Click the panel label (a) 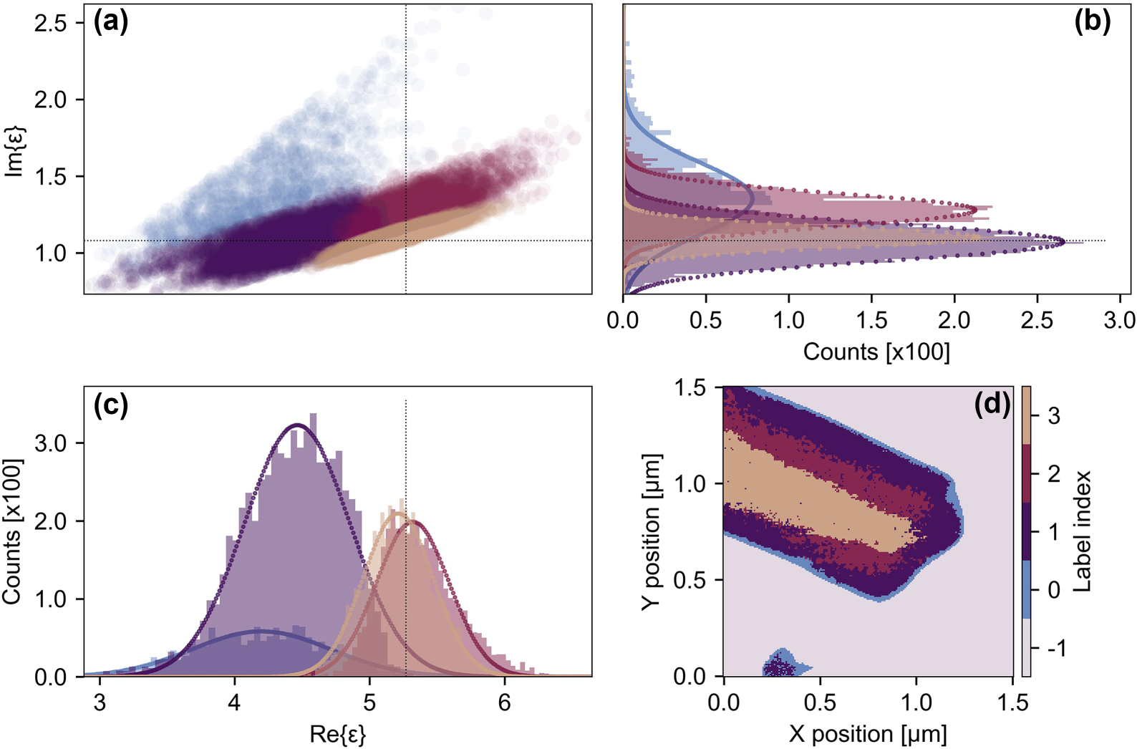click(111, 23)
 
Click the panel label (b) click(1092, 22)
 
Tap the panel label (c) click(111, 405)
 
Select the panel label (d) click(992, 405)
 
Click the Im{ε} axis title click(14, 150)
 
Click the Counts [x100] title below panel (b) click(876, 352)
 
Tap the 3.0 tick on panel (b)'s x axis click(1119, 320)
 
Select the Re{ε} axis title click(337, 734)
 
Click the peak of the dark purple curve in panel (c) click(297, 425)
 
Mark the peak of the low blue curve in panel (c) click(261, 630)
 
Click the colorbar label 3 click(1054, 416)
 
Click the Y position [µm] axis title click(650, 531)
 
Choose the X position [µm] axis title click(867, 734)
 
